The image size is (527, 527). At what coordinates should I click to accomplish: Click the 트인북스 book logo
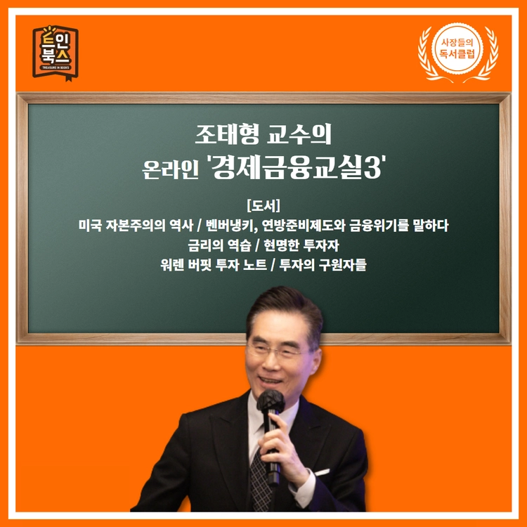(x=56, y=53)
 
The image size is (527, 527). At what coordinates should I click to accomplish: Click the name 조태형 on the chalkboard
(x=228, y=134)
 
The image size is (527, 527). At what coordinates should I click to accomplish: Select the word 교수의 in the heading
(x=299, y=134)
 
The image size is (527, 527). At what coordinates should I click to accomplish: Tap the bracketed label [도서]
(x=263, y=206)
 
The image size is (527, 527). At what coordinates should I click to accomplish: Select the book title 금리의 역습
(x=219, y=245)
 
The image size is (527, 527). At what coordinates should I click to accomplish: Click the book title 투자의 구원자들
(x=323, y=265)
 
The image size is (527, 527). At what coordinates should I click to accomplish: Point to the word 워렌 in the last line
(x=171, y=265)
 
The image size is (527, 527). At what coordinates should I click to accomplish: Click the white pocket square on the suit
(x=322, y=473)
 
